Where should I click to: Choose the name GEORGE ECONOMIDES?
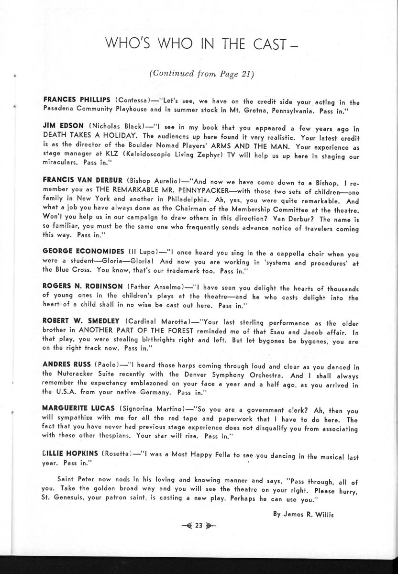[x=82, y=252]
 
